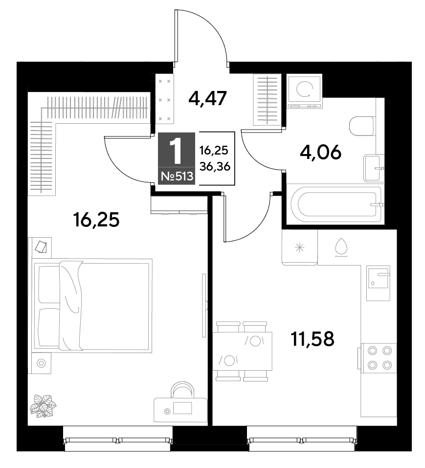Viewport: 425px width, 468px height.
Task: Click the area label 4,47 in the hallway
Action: point(208,98)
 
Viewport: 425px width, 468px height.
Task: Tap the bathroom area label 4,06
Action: point(320,153)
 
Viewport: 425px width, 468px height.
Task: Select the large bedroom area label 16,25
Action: point(96,220)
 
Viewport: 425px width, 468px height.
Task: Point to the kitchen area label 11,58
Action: point(312,338)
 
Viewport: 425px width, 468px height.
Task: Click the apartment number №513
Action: point(177,177)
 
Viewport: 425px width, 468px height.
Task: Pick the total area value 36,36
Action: point(215,167)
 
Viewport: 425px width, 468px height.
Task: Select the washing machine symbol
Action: point(304,91)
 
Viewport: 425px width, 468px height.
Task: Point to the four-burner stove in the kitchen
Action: point(379,357)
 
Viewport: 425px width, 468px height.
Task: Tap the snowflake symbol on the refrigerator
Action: point(299,247)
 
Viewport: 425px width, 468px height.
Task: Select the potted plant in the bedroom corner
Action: point(43,406)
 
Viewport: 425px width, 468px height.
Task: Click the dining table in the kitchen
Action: point(242,351)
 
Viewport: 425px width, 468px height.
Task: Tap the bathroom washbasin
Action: point(373,168)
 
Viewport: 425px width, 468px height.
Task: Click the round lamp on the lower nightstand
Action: point(41,363)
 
